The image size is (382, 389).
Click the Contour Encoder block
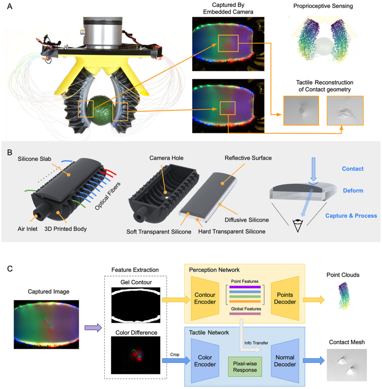(x=205, y=298)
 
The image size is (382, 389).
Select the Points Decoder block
(x=285, y=298)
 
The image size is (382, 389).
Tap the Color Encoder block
(x=205, y=361)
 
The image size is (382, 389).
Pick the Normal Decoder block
(x=285, y=361)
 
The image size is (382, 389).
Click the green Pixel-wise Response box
(x=245, y=367)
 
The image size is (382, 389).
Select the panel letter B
(x=10, y=153)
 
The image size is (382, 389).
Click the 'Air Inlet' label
(x=28, y=229)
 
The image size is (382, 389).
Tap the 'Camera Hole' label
(x=166, y=158)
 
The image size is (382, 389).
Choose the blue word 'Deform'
(x=353, y=190)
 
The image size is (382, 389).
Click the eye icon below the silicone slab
(x=298, y=224)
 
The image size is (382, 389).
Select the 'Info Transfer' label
(x=256, y=343)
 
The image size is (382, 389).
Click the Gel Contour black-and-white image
(x=136, y=305)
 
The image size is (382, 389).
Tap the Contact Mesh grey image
(x=347, y=365)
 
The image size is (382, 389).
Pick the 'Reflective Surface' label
(x=248, y=158)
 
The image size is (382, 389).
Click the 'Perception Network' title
(x=214, y=270)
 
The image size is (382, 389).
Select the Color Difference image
(x=136, y=355)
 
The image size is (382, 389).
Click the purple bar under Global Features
(x=245, y=314)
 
